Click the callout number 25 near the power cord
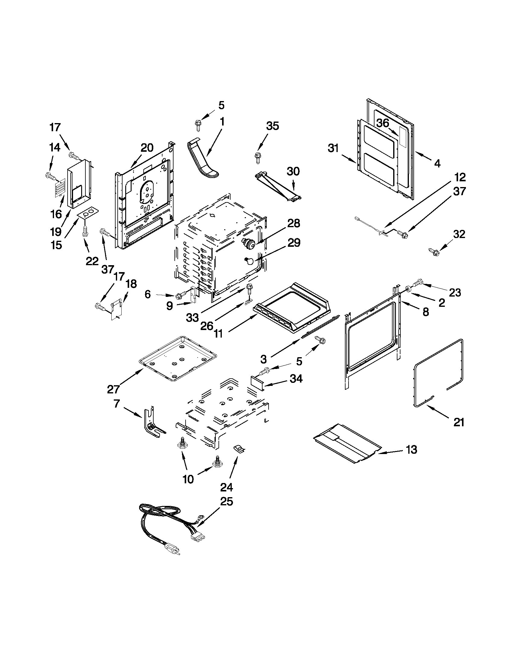click(x=226, y=501)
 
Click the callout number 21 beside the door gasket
click(x=459, y=422)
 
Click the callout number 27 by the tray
click(x=113, y=389)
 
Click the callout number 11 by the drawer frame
click(x=218, y=334)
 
